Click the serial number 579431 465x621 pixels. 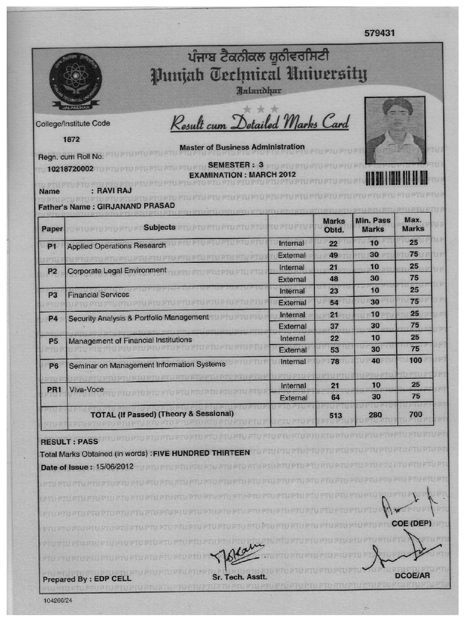click(x=380, y=33)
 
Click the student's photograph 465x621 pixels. click(x=395, y=130)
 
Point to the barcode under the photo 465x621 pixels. click(x=397, y=177)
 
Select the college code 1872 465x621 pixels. click(x=72, y=139)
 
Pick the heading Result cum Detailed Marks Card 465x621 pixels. click(x=260, y=124)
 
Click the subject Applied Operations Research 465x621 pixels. click(x=116, y=246)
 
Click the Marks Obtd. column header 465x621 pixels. click(x=334, y=226)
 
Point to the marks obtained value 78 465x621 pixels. click(x=333, y=361)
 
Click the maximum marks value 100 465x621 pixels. click(x=414, y=361)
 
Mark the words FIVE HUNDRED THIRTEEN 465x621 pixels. click(x=201, y=453)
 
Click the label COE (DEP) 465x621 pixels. click(x=411, y=523)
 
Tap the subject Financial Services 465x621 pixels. click(x=98, y=294)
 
